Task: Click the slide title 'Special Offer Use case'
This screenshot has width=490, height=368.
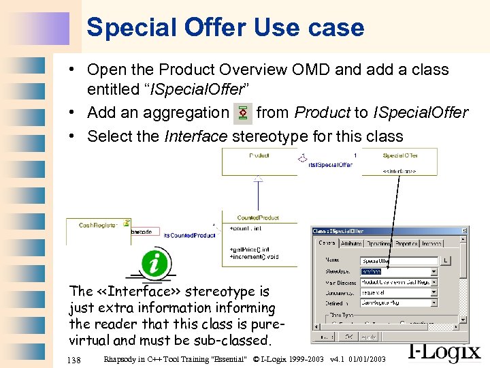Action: point(225,27)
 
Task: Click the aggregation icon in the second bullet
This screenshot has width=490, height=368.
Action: point(242,113)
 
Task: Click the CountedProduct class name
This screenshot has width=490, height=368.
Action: point(258,217)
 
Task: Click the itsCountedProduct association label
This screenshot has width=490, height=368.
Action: point(189,235)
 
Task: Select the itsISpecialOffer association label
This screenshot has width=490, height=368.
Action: point(330,165)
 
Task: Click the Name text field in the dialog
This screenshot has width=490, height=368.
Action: point(399,261)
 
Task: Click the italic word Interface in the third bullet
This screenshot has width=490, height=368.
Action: point(196,136)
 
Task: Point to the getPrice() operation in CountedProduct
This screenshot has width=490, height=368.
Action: point(248,249)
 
